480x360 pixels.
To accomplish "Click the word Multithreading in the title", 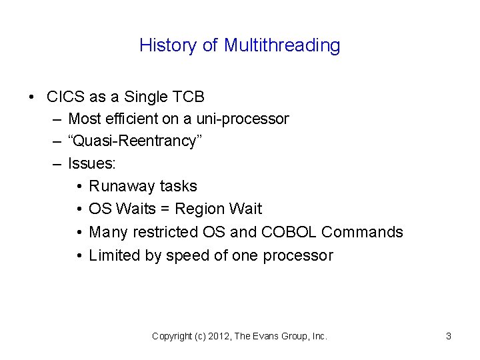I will (x=282, y=45).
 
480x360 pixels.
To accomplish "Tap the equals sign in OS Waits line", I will (x=165, y=209).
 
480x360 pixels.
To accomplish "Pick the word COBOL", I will (x=291, y=232).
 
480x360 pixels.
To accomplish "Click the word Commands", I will (x=362, y=232).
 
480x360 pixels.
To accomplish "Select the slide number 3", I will (x=448, y=337).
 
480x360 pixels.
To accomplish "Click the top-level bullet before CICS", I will (x=33, y=97).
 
